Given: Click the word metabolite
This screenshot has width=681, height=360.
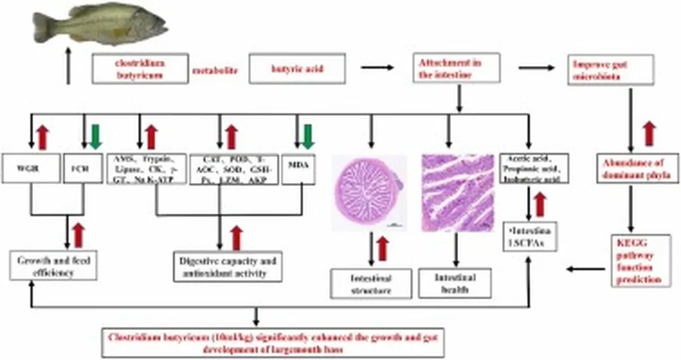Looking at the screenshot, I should (x=215, y=69).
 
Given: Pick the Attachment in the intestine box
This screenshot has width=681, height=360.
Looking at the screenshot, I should (x=456, y=69).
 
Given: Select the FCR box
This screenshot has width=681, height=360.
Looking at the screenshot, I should (x=83, y=168).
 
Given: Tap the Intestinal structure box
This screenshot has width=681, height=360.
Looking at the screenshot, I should (x=370, y=284).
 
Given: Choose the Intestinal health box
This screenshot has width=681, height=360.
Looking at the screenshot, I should (x=456, y=283).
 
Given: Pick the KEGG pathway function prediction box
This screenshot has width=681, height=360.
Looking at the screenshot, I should (x=637, y=260).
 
